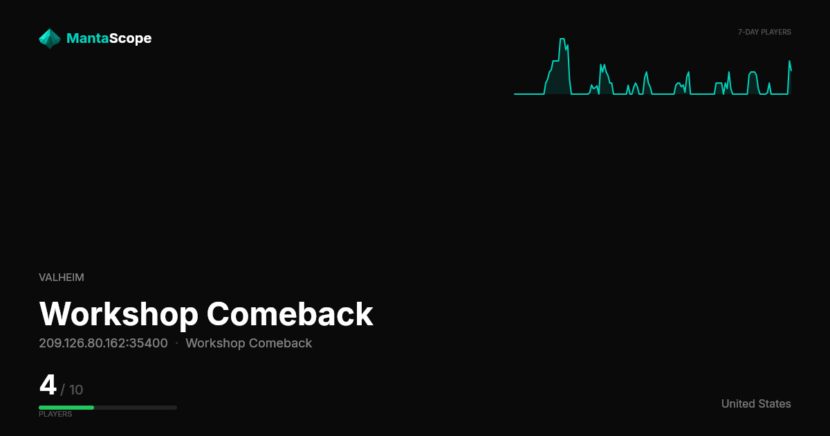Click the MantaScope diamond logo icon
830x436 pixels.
point(50,39)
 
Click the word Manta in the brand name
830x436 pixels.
point(87,38)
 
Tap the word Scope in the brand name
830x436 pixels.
point(131,39)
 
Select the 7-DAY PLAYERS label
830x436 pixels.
point(764,33)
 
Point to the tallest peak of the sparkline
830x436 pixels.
point(562,39)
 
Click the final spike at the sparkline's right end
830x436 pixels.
point(789,62)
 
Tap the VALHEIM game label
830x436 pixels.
point(62,278)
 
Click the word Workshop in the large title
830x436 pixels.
point(119,314)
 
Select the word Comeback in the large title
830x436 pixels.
point(290,314)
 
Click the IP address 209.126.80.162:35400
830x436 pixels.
point(103,343)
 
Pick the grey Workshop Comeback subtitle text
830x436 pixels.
point(248,343)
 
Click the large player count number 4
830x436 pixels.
point(48,385)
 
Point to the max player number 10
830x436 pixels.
point(76,390)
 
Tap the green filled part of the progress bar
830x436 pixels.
point(66,408)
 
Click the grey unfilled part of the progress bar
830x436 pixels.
point(136,408)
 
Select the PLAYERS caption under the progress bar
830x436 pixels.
point(55,414)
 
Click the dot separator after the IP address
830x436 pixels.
point(177,343)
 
